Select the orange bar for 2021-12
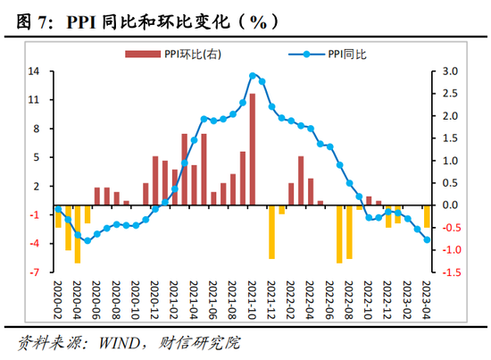pyautogui.click(x=272, y=231)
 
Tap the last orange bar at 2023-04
pyautogui.click(x=427, y=217)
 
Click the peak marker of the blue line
pyautogui.click(x=253, y=76)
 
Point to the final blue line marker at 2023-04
pyautogui.click(x=427, y=239)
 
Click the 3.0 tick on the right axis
pyautogui.click(x=450, y=71)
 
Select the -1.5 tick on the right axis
pyautogui.click(x=450, y=272)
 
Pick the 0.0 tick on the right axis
pyautogui.click(x=450, y=205)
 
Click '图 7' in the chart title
pyautogui.click(x=30, y=20)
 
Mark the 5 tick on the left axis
pyautogui.click(x=37, y=158)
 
